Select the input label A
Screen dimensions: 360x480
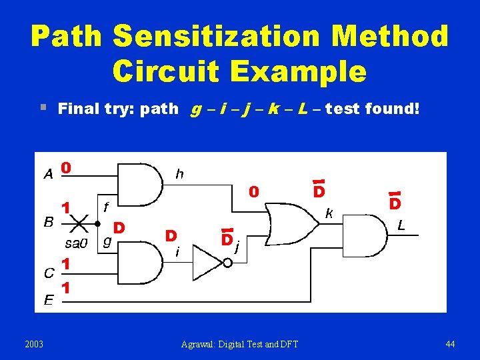point(48,175)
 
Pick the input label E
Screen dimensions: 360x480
point(49,301)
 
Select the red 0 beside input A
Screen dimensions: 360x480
point(67,167)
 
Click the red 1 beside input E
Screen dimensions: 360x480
point(67,288)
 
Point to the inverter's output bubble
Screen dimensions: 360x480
point(227,263)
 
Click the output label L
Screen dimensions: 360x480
point(401,226)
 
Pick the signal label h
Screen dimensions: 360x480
point(179,174)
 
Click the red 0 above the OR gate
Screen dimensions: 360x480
point(253,192)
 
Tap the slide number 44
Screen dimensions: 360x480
point(450,344)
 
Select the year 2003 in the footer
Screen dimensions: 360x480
point(34,344)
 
